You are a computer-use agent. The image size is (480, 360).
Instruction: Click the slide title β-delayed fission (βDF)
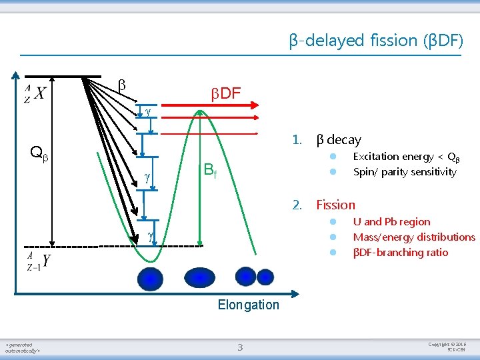(x=375, y=41)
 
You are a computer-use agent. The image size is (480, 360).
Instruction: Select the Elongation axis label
(x=249, y=305)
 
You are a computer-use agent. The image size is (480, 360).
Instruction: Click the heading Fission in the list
(x=335, y=205)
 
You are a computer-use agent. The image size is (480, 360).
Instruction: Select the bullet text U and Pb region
(x=391, y=222)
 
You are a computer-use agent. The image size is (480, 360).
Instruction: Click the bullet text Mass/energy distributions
(x=414, y=237)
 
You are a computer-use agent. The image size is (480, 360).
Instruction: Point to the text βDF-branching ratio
(x=400, y=253)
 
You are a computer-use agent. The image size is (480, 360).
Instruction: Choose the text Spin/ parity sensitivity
(x=405, y=172)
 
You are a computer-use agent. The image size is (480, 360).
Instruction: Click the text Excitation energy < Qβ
(x=406, y=157)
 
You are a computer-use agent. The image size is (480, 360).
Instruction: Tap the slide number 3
(x=240, y=346)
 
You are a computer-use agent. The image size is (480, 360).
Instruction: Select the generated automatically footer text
(x=23, y=347)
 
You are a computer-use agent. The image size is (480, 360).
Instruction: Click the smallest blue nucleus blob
(x=265, y=277)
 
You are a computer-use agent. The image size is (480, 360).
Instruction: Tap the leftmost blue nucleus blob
(x=150, y=278)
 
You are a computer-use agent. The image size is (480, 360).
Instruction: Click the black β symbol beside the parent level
(x=121, y=85)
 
